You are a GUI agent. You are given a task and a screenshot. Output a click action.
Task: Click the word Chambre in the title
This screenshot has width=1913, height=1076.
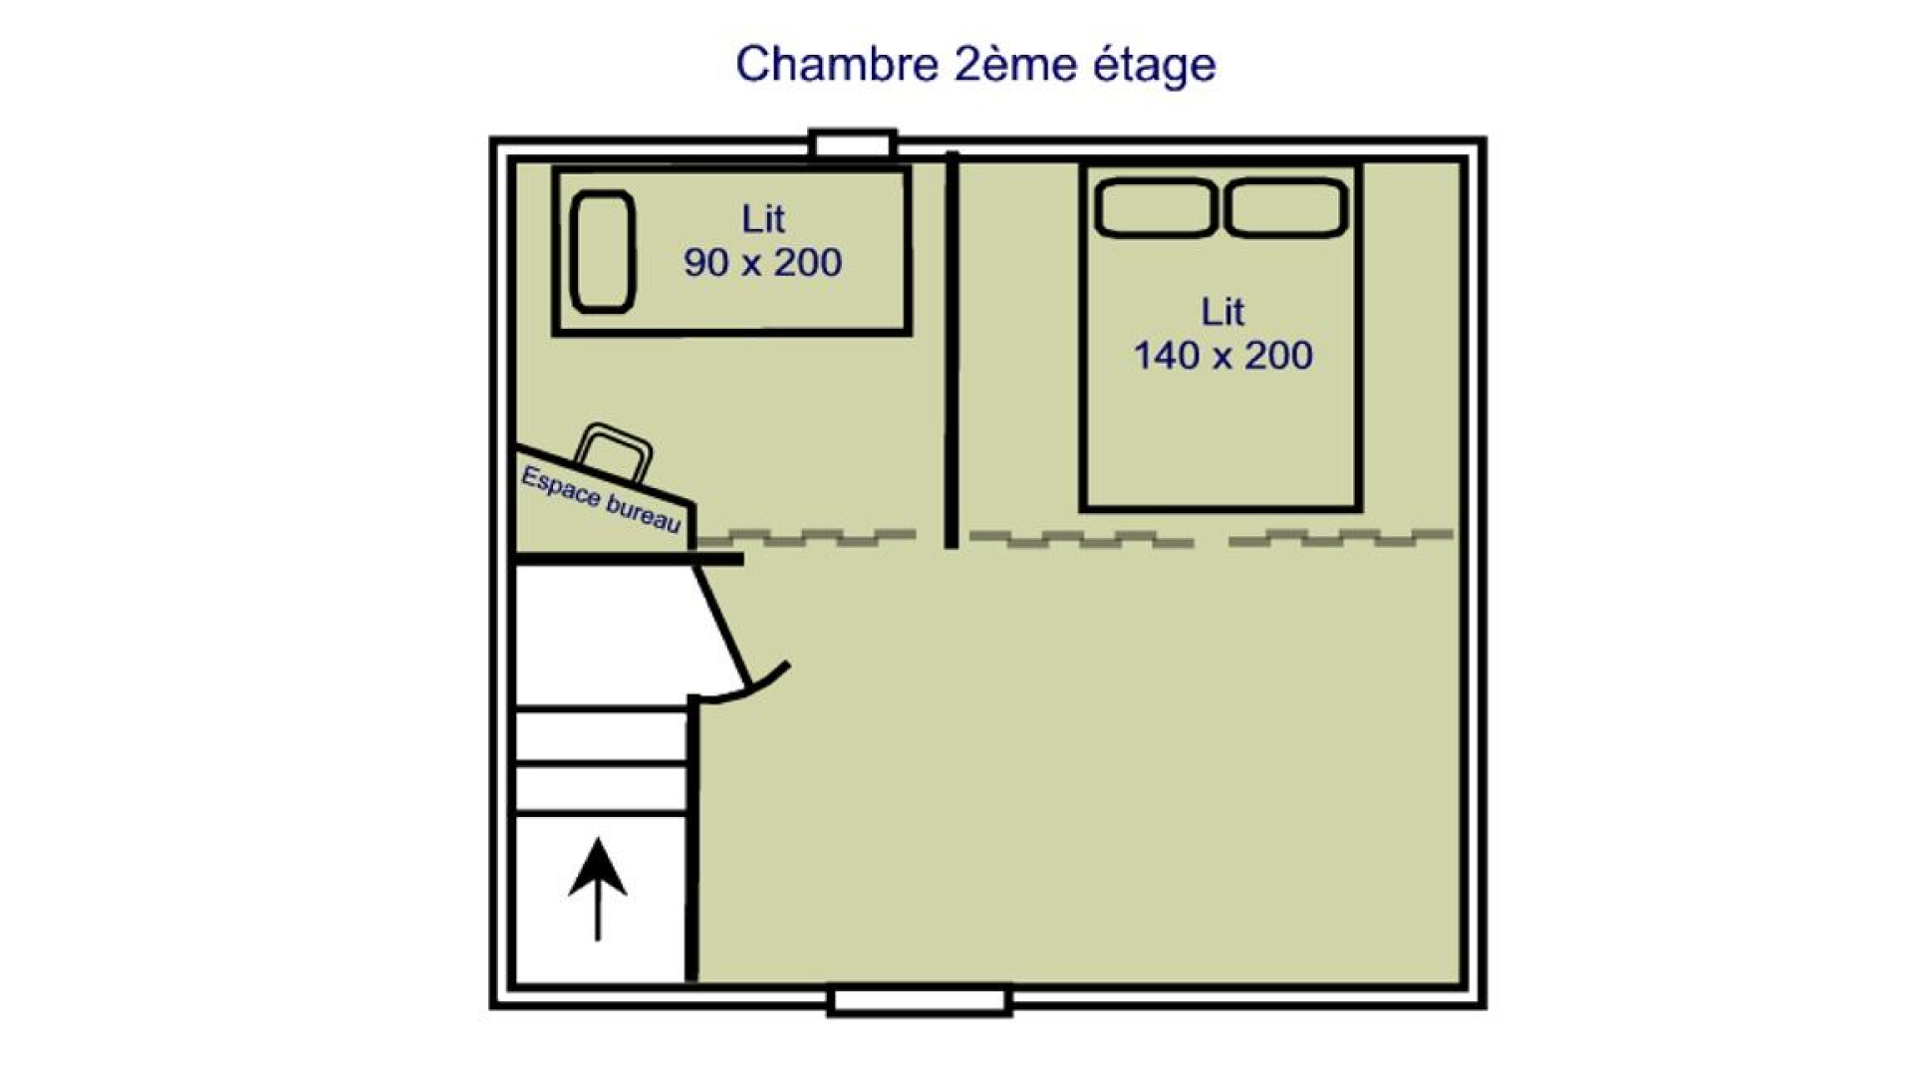[x=837, y=64]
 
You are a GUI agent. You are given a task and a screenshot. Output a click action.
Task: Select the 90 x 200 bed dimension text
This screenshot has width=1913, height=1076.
[x=762, y=262]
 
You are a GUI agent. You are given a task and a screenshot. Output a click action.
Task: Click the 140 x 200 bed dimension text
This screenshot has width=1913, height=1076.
[x=1223, y=356]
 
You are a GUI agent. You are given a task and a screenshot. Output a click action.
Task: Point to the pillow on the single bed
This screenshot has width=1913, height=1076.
[x=603, y=252]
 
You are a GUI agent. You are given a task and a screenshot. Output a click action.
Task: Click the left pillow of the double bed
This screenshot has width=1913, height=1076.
[x=1156, y=208]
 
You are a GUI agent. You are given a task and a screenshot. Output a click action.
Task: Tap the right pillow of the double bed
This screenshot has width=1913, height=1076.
[x=1286, y=208]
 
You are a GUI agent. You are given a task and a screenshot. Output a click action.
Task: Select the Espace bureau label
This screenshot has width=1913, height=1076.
[x=601, y=499]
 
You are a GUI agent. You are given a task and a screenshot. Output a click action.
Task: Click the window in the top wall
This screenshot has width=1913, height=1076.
[x=853, y=144]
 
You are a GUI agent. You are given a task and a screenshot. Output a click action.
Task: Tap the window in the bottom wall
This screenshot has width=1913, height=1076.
[x=920, y=1000]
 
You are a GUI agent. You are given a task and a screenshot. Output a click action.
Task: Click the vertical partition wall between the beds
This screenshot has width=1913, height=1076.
[x=952, y=350]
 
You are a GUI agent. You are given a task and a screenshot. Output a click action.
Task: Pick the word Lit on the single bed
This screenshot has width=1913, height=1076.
[x=763, y=218]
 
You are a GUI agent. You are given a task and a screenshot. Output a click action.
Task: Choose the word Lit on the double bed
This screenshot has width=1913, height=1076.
[x=1223, y=312]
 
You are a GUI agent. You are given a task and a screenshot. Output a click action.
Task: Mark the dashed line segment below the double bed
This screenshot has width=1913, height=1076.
[x=1081, y=539]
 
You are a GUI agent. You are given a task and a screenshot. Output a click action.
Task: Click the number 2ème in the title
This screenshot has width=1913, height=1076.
[x=1015, y=64]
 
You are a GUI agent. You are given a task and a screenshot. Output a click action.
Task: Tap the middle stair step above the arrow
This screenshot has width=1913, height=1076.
[x=602, y=788]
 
